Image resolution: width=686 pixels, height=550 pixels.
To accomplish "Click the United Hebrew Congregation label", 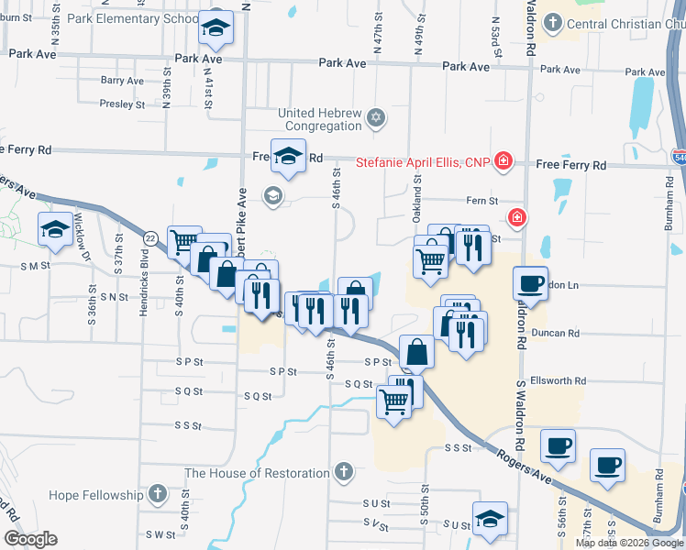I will pyautogui.click(x=321, y=119).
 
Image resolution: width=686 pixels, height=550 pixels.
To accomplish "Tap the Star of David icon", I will pyautogui.click(x=375, y=118).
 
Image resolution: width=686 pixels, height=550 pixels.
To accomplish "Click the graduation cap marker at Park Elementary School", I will pyautogui.click(x=216, y=31).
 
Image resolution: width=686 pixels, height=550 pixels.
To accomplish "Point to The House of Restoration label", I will pyautogui.click(x=257, y=473).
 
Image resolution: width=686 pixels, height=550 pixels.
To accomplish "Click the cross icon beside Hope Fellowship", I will pyautogui.click(x=157, y=495).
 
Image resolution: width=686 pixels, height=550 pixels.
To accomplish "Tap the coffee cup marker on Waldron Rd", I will pyautogui.click(x=530, y=284).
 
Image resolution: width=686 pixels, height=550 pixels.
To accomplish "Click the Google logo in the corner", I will pyautogui.click(x=30, y=539).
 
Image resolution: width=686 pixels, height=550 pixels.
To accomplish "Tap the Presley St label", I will pyautogui.click(x=122, y=104).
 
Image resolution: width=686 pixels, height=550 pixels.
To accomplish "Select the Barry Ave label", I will pyautogui.click(x=122, y=81).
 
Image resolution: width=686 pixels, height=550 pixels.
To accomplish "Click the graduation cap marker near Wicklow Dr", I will pyautogui.click(x=55, y=229).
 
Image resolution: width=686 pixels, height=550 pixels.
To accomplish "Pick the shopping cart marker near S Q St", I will pyautogui.click(x=394, y=401).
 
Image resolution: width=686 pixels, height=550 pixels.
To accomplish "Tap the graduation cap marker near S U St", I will pyautogui.click(x=490, y=519).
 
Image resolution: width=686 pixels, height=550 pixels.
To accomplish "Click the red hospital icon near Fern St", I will pyautogui.click(x=517, y=217).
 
